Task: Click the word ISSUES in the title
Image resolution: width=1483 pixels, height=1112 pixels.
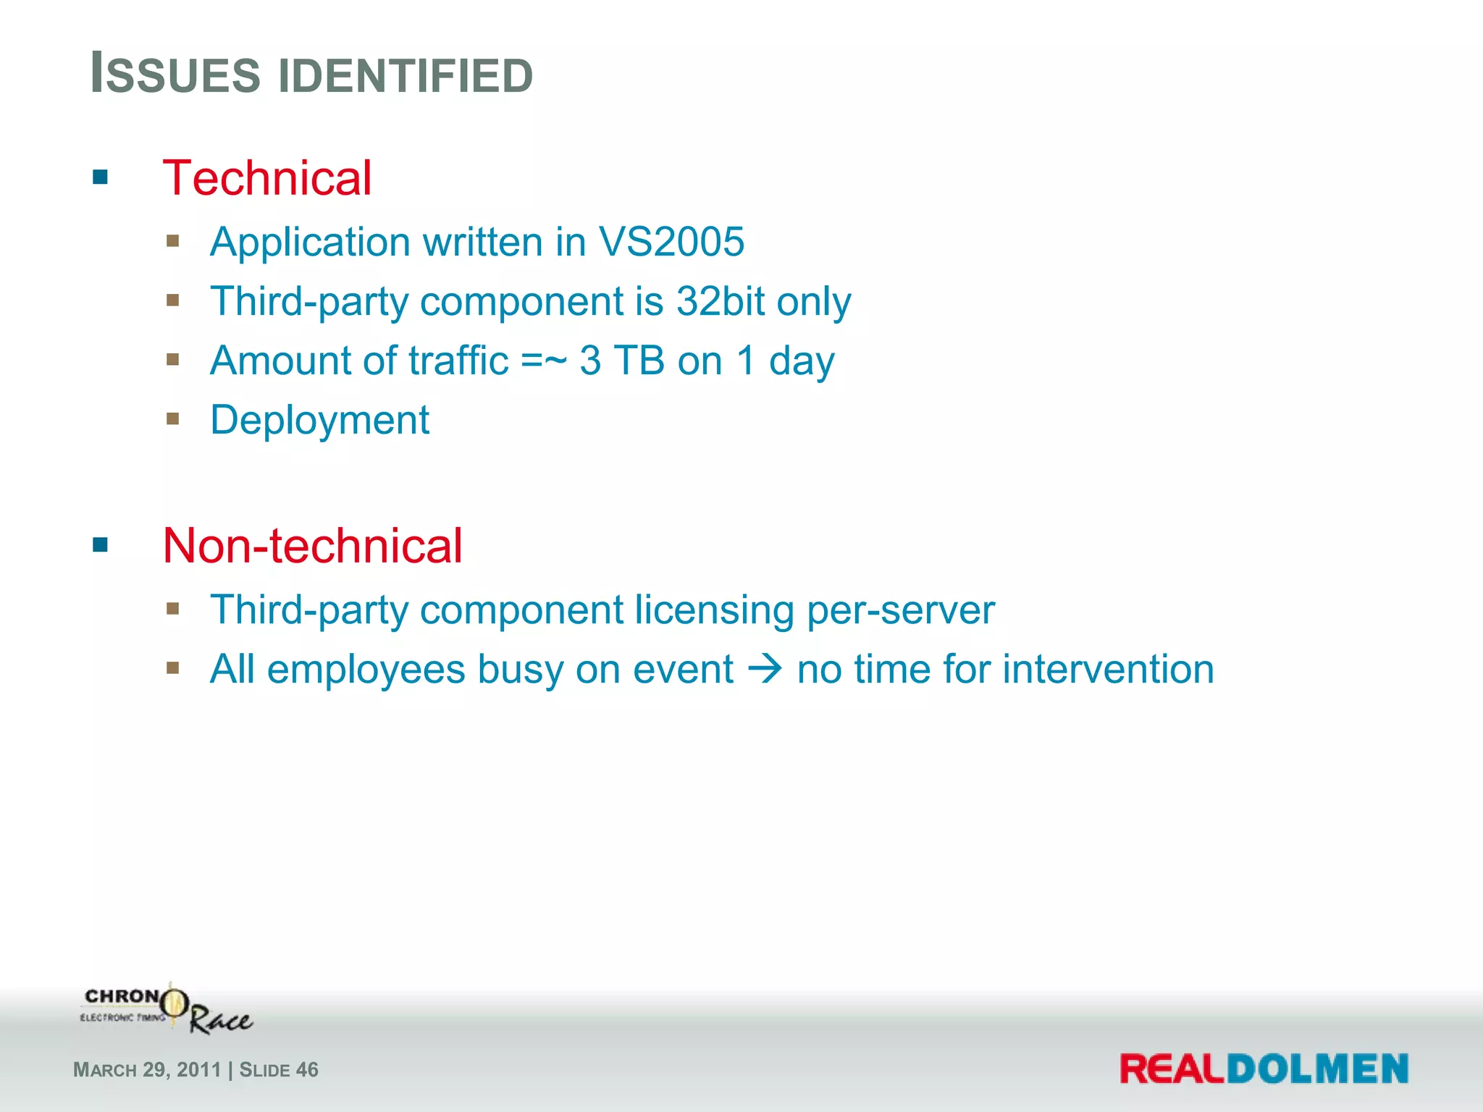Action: tap(175, 75)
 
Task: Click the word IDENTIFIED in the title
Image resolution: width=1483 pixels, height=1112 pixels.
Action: tap(406, 75)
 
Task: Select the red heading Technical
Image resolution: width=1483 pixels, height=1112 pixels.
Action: tap(266, 178)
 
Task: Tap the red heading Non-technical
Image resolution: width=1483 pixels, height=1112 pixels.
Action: tap(312, 545)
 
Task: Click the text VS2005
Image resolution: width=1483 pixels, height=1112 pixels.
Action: tap(671, 242)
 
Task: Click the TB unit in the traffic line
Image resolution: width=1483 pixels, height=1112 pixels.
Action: tap(639, 361)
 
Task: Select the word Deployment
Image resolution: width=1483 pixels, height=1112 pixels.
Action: tap(319, 421)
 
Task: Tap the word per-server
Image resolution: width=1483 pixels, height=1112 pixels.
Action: tap(900, 610)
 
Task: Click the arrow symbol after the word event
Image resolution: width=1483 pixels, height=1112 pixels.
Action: tap(765, 669)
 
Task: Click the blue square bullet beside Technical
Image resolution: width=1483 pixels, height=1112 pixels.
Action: tap(100, 177)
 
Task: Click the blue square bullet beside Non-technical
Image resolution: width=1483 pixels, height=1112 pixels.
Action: tap(100, 544)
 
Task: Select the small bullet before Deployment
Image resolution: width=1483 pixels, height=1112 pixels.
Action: tap(172, 418)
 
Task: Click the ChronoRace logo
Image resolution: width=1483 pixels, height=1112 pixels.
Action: tap(167, 1008)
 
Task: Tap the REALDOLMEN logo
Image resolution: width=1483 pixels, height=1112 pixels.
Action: tap(1264, 1069)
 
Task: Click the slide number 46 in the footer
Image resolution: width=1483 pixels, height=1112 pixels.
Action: tap(307, 1070)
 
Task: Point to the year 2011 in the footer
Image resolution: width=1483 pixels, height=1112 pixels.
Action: tap(198, 1070)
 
